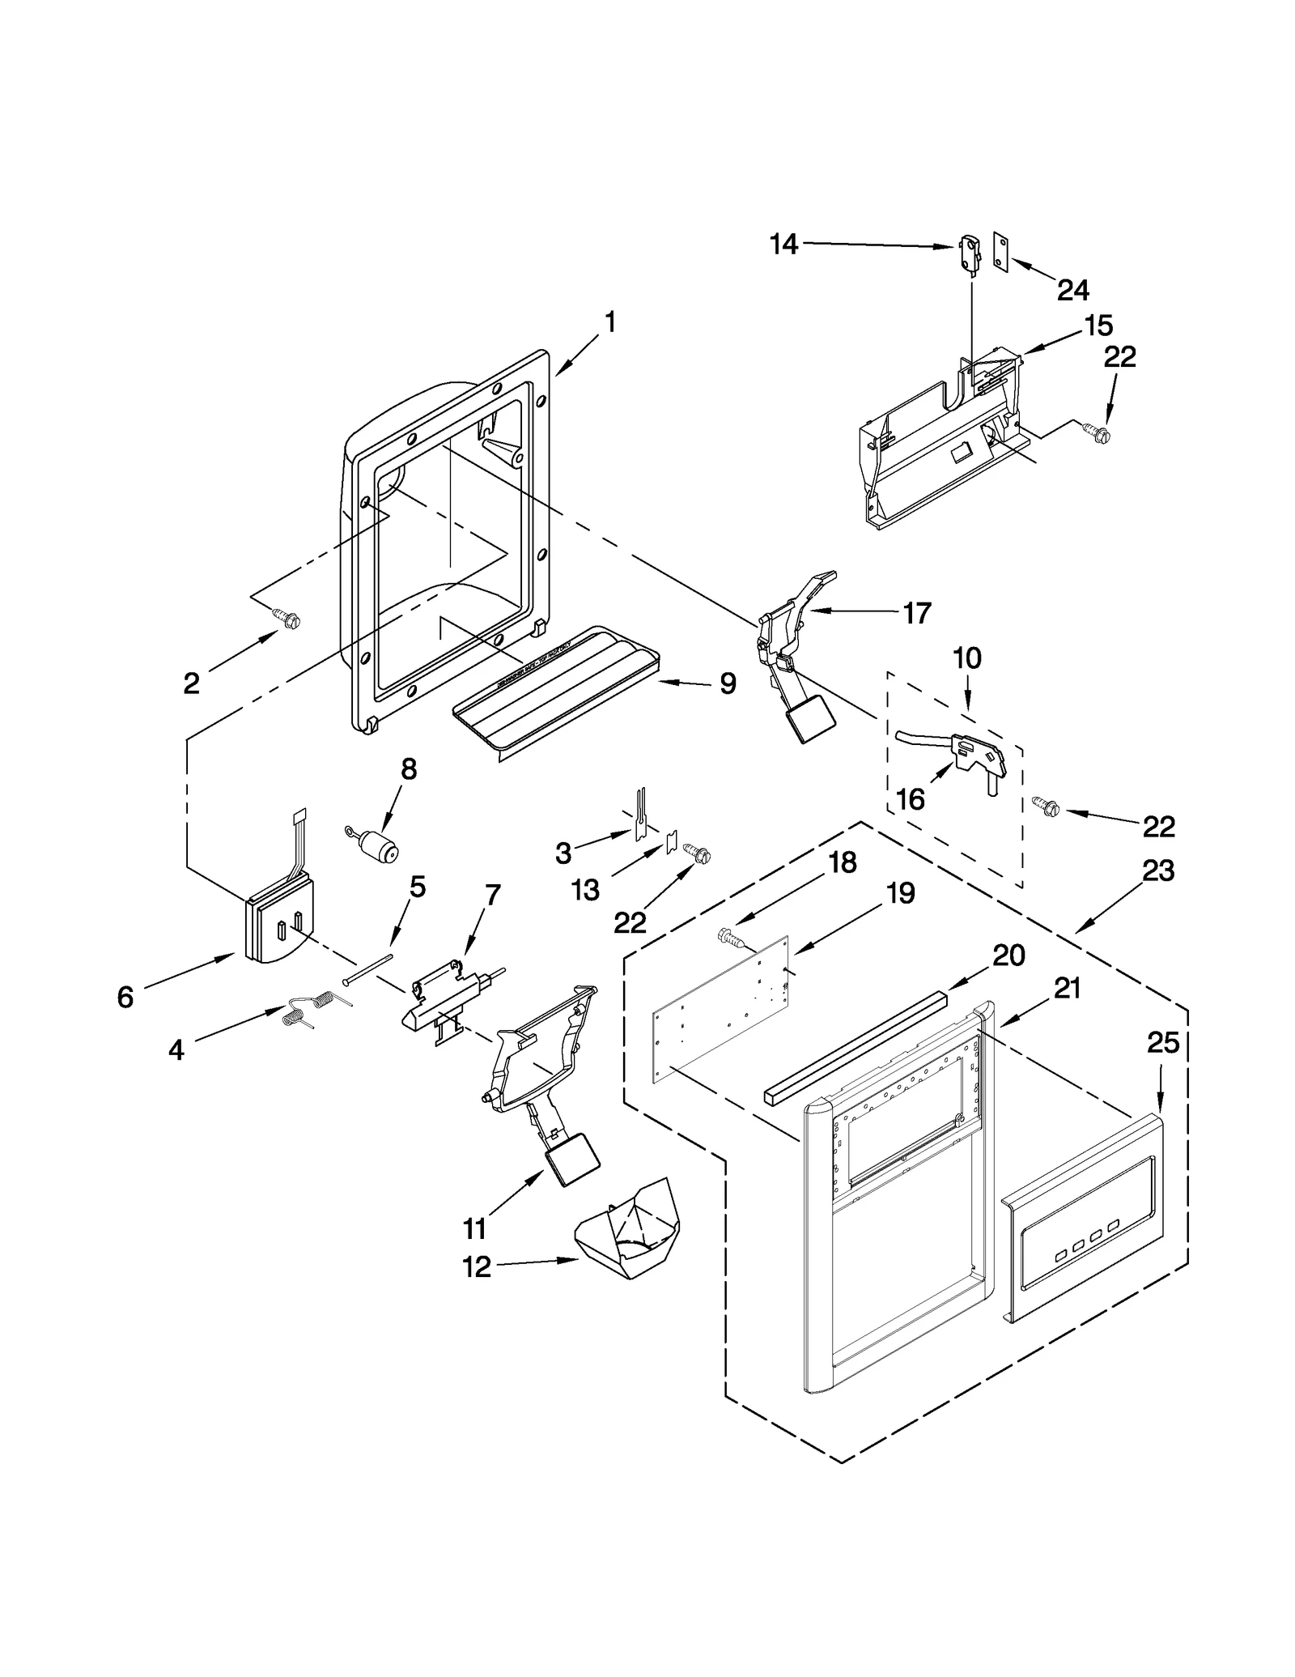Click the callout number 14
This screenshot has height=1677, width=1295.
[783, 244]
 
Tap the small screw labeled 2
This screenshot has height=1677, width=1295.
[289, 619]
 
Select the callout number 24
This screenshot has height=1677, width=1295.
[1073, 289]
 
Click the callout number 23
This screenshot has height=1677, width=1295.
[1157, 870]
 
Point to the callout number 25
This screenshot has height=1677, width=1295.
[1163, 1044]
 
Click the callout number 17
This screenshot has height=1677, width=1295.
[916, 613]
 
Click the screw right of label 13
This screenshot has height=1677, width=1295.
[698, 853]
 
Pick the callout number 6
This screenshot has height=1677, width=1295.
[125, 997]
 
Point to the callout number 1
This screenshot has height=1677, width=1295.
[610, 323]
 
